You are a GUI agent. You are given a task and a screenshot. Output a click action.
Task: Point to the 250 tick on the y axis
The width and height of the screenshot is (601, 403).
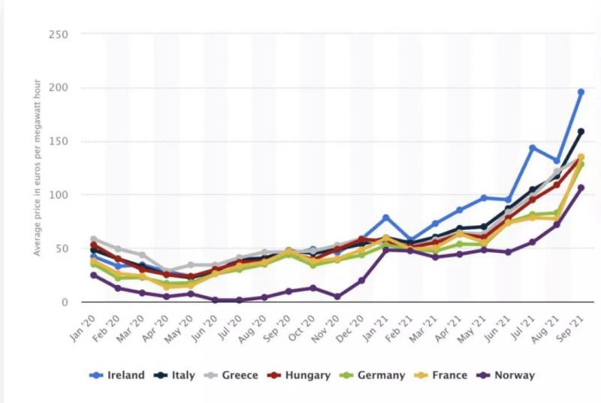[58, 34]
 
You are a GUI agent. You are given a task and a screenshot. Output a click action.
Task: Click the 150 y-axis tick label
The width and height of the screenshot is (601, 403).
[58, 141]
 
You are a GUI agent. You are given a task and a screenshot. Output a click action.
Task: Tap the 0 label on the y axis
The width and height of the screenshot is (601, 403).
[65, 302]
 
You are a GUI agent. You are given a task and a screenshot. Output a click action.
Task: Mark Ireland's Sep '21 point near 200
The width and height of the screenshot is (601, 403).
[581, 92]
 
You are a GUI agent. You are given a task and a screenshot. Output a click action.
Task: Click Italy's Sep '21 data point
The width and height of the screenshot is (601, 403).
[581, 132]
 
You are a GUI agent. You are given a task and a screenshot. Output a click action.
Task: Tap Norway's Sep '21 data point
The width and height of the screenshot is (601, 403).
[581, 188]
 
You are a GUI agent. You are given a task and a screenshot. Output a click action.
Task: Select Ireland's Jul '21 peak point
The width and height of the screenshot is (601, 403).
[533, 148]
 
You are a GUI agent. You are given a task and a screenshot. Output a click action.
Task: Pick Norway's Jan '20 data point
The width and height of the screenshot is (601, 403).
[94, 275]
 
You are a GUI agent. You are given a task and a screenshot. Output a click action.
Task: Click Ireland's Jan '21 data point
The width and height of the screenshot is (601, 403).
[386, 218]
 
